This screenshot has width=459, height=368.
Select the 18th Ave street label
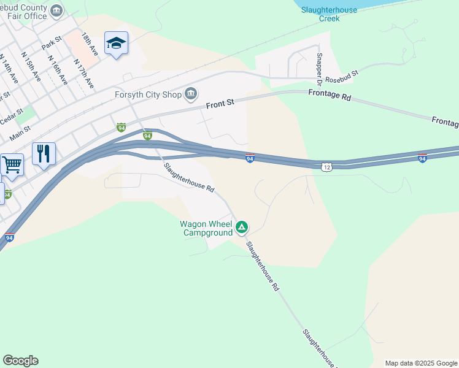[90, 45]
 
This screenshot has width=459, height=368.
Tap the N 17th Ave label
[83, 74]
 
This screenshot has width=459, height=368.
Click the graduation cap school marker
[116, 44]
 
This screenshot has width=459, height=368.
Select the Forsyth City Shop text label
[148, 94]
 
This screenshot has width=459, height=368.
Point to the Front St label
[220, 104]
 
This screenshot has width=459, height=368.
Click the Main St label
[20, 129]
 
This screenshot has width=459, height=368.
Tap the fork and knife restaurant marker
[44, 153]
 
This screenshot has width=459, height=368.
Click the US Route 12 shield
[326, 166]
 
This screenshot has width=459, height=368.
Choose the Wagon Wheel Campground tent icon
[242, 228]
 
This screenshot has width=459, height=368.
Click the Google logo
[20, 361]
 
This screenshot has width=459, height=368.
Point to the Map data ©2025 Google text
[421, 363]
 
